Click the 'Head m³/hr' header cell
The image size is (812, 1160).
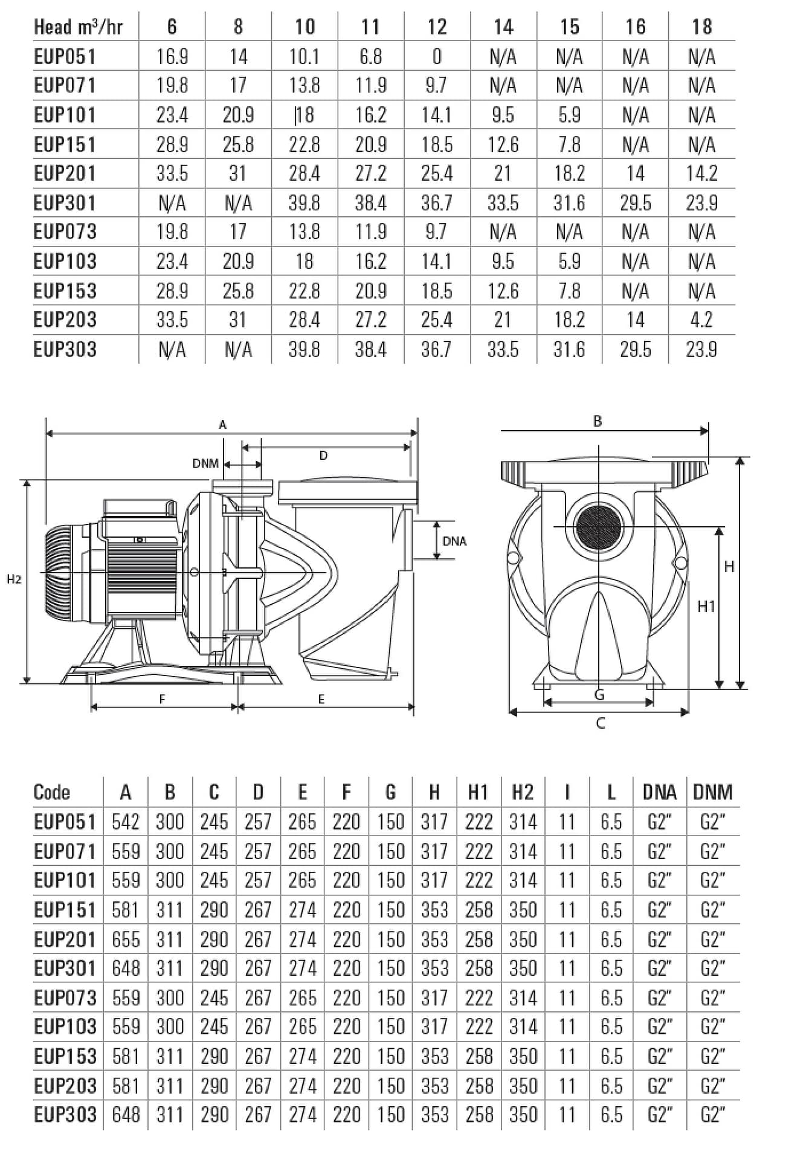tap(78, 27)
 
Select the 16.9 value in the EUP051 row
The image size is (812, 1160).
tap(172, 57)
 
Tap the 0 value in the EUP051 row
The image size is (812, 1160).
tap(437, 57)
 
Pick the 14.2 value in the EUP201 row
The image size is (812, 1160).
tap(701, 174)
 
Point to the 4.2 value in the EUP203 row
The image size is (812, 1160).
tap(701, 320)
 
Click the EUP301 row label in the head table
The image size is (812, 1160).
tap(65, 203)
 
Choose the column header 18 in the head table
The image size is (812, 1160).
tap(701, 27)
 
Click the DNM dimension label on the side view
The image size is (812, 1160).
tap(205, 464)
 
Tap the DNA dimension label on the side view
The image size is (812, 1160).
tap(454, 541)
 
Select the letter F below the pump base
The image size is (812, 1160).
tap(162, 700)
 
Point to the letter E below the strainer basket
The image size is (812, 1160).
tap(321, 700)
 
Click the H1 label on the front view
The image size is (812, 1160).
tap(706, 607)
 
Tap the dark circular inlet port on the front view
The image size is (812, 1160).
tap(599, 526)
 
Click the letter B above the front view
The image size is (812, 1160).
tap(598, 422)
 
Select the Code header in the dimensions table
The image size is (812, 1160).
tap(52, 792)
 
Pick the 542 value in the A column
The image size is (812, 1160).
tap(126, 822)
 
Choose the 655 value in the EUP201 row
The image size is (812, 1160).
tap(126, 940)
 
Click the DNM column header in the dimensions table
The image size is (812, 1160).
tap(713, 792)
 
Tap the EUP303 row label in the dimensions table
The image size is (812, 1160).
tap(65, 1115)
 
